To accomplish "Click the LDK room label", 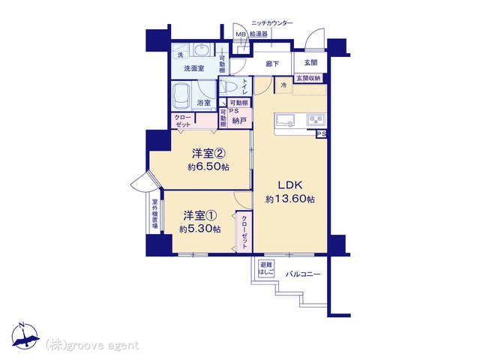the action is point(290,185).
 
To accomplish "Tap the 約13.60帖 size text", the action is point(290,199).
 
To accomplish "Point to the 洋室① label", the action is point(200,216).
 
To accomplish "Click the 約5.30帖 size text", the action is point(200,229).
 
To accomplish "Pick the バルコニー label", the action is point(303,274).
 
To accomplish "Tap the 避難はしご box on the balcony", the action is point(266,268).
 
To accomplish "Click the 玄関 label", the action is point(310,63).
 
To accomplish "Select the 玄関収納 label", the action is point(308,78).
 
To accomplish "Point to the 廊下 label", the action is point(272,64).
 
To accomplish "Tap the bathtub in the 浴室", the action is point(181,96).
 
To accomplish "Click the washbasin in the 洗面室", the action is point(202,49).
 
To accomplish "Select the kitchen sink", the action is point(285,120).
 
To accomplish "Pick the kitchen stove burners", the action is point(316,120).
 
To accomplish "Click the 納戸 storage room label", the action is point(239,121).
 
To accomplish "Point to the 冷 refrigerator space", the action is point(283,85).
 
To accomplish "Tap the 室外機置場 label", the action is point(155,214).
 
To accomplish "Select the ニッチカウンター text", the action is point(271,23).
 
